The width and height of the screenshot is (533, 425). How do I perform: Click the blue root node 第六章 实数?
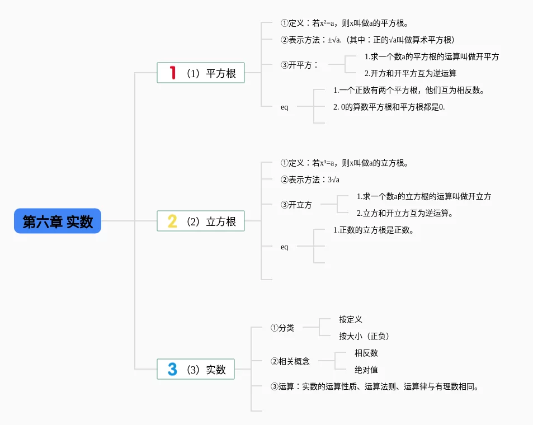coord(58,221)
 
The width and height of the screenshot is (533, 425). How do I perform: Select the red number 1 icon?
coord(173,73)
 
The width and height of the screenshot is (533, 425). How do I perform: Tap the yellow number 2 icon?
coord(173,221)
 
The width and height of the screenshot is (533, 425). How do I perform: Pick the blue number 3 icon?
coord(173,369)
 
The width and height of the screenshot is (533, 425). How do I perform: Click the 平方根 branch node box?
coord(201,73)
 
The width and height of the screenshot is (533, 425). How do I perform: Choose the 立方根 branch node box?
coord(201,221)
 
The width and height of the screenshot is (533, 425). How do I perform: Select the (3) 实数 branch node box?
coord(196,369)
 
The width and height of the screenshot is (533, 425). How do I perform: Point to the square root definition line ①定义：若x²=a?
coord(345,23)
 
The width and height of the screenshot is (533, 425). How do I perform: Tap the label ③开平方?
coord(299,65)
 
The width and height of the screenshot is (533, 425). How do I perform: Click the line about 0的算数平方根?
coord(389,107)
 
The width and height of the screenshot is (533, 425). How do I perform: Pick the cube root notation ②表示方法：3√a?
coord(310,180)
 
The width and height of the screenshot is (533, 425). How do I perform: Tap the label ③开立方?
coord(296,205)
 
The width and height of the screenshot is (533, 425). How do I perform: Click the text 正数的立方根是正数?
coord(374,230)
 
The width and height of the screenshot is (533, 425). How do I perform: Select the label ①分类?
coord(282,328)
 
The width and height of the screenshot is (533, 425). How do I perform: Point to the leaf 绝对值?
coord(366,370)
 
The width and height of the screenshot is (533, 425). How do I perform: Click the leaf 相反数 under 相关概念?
coord(366,353)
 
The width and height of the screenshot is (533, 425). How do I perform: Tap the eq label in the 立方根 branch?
coord(285,247)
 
